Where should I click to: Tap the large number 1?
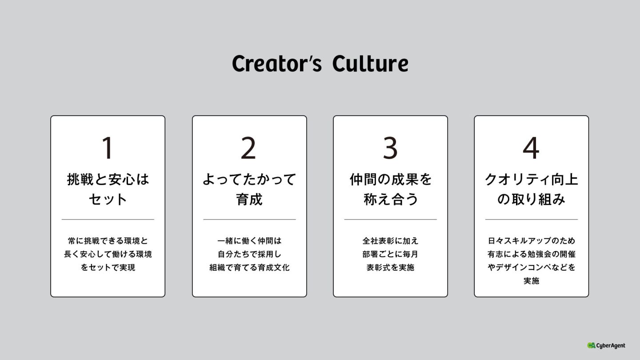108,148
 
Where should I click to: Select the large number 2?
249,148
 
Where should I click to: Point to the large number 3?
390,148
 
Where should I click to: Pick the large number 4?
531,148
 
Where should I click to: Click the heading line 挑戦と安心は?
108,180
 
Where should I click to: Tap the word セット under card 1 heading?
108,199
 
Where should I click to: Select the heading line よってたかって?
249,180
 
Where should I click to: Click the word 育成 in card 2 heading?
249,199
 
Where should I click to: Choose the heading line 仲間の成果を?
391,180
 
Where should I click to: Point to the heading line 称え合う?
391,199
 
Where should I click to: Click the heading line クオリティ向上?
532,180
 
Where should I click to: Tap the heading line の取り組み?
532,199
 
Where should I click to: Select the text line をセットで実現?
108,268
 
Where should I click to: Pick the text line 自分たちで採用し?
249,254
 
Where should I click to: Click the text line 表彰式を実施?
391,268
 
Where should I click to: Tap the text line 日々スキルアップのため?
532,241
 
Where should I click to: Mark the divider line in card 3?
391,219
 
